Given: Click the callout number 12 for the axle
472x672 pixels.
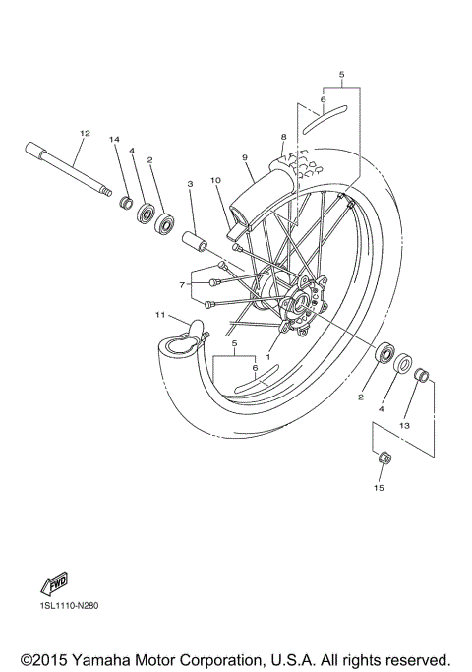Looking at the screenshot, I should click(x=85, y=133).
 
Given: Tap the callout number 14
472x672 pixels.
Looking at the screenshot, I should click(x=114, y=141).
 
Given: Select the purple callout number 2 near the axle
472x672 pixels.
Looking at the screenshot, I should click(x=150, y=159).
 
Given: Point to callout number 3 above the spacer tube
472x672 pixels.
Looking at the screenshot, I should click(x=190, y=183).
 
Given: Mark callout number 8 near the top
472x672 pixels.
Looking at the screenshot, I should click(x=282, y=137).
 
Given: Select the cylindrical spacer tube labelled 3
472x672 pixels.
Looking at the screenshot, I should click(x=194, y=240).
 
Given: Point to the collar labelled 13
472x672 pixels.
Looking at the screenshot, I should click(x=421, y=375).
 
